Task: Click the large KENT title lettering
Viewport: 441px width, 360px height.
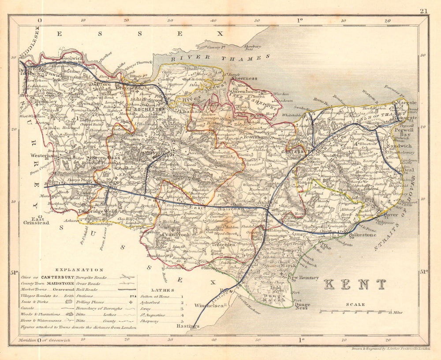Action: click(355, 284)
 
